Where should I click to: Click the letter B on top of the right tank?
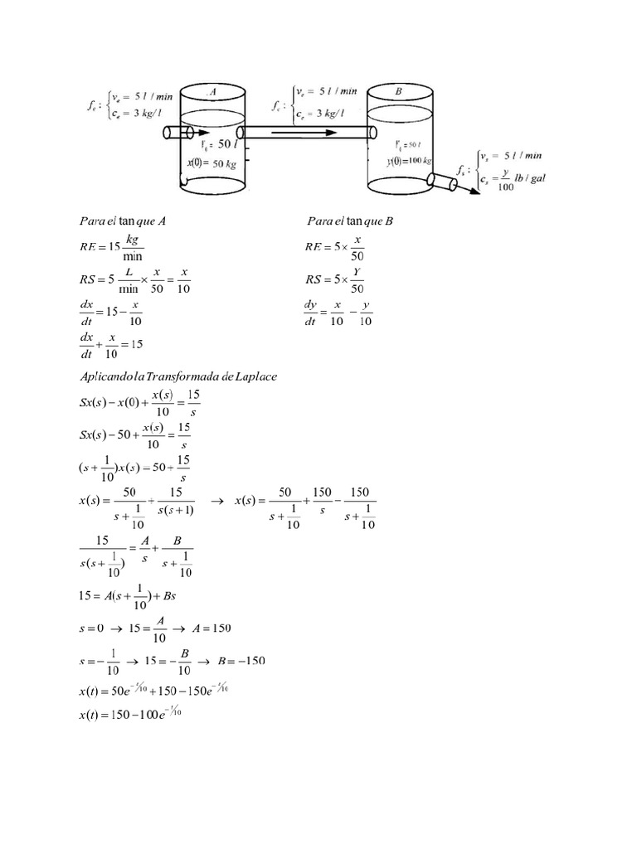coord(399,92)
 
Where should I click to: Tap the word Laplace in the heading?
coord(255,376)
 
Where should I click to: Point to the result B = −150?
coord(239,661)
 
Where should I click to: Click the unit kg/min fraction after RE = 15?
coord(134,247)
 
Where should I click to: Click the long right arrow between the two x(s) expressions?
coord(219,501)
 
